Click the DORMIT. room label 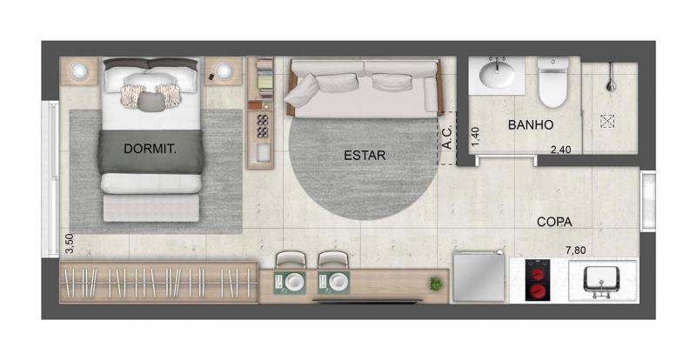[x=150, y=149]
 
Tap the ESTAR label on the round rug [x=365, y=156]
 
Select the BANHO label [x=531, y=124]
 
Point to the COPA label [x=554, y=222]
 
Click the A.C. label [x=447, y=137]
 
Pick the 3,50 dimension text [x=70, y=243]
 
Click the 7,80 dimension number [x=576, y=250]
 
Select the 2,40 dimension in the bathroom [x=560, y=150]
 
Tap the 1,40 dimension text [x=475, y=137]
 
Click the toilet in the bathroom [x=552, y=82]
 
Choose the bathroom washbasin [x=497, y=74]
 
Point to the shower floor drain [x=606, y=121]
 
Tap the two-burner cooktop [x=537, y=280]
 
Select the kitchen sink [x=601, y=280]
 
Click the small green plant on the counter [x=436, y=283]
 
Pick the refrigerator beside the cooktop [x=479, y=277]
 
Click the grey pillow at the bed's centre [x=151, y=102]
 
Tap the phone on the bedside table [x=211, y=77]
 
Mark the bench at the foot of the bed [x=151, y=208]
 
